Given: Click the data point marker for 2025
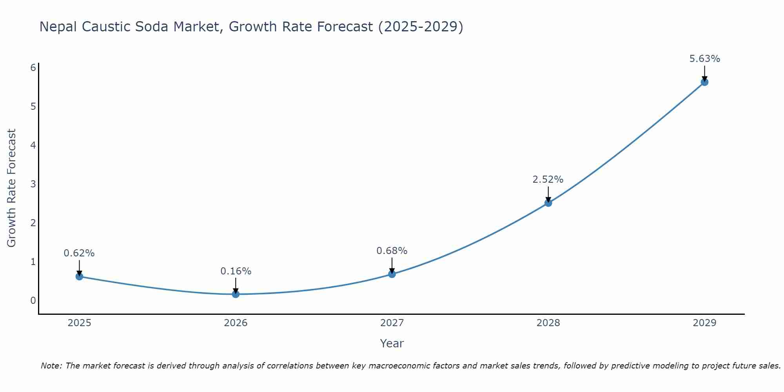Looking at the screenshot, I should [79, 276].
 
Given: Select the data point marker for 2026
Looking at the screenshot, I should [236, 294].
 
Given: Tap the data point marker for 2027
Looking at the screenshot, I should [392, 274].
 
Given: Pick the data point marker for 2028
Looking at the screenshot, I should [548, 203].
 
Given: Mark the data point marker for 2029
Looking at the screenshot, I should [704, 82].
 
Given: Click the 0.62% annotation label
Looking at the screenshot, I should [79, 253].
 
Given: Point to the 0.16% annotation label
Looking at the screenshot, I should [236, 271].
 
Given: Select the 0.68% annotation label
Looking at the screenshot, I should [392, 251].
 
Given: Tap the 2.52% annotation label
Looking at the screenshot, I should [548, 180].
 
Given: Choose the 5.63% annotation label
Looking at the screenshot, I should [704, 59].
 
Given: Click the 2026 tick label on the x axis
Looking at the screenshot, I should [236, 323].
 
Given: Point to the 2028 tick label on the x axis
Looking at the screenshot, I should [548, 323].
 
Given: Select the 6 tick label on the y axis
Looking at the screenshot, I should [33, 68].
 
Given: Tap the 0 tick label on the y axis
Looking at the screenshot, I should [33, 301].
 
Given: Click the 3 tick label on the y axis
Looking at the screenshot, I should [33, 184].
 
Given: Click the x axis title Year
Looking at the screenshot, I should [392, 344].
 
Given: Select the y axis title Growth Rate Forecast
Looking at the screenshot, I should [12, 188].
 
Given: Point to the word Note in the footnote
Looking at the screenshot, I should [51, 366].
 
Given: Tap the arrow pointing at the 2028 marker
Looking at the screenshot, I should [548, 194].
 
